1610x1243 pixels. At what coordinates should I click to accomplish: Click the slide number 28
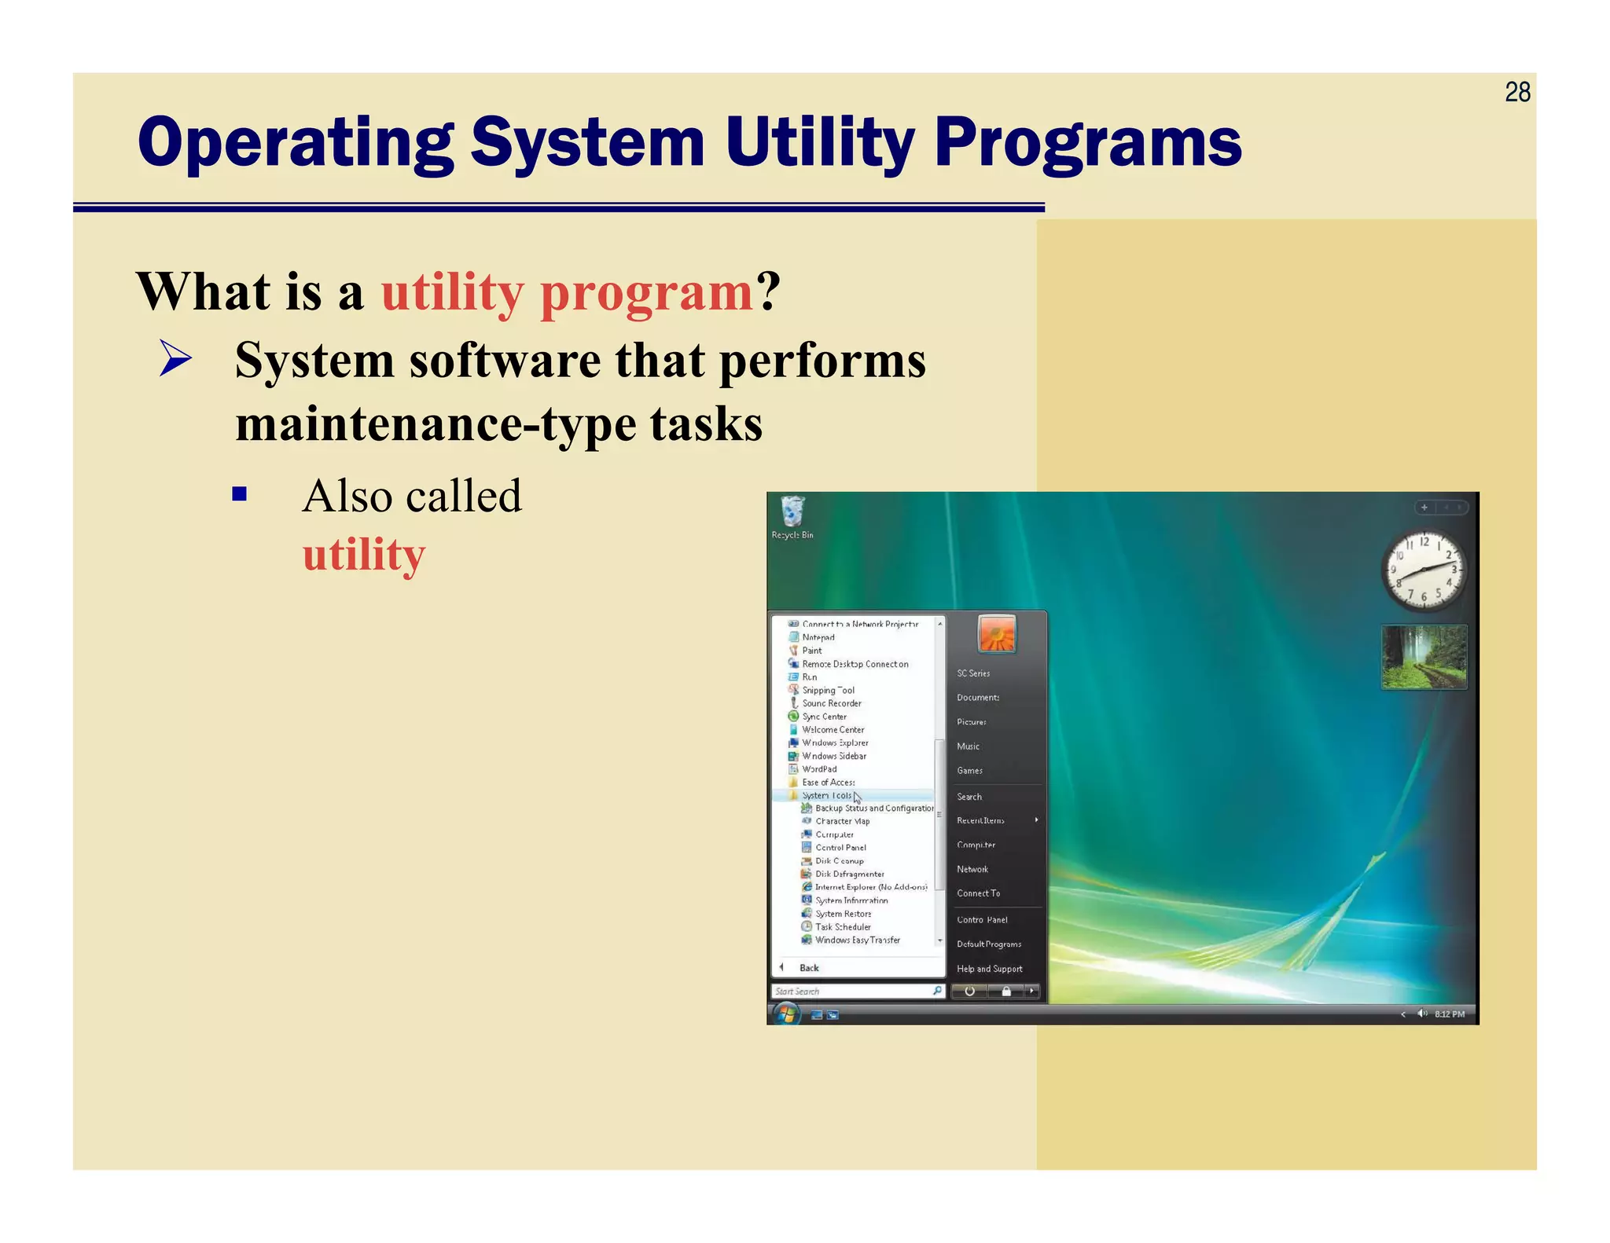tap(1516, 93)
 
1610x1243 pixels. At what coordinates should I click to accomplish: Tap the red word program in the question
tap(646, 292)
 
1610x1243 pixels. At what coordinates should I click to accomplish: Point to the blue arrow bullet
tap(175, 358)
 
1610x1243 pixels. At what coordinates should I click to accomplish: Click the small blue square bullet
tap(240, 494)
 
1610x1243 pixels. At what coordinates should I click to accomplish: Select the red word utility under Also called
tap(363, 555)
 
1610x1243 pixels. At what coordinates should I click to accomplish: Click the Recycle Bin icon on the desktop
tap(792, 513)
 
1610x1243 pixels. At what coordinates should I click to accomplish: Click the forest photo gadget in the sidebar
tap(1424, 657)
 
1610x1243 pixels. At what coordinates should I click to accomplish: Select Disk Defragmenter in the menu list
tap(849, 874)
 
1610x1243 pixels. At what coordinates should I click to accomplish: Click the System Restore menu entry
tap(843, 914)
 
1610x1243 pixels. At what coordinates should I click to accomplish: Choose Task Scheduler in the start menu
tap(843, 927)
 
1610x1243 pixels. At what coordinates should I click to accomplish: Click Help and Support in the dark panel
tap(989, 969)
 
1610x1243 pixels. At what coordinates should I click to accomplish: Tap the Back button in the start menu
tap(808, 968)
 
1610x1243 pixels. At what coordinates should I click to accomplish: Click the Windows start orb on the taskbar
tap(785, 1014)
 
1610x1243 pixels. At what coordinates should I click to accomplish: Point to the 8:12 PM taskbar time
tap(1449, 1014)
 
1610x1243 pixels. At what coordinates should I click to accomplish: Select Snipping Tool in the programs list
tap(828, 690)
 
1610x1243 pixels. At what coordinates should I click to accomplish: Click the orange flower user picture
tap(997, 634)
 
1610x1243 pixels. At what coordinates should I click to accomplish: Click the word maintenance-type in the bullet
tap(377, 425)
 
